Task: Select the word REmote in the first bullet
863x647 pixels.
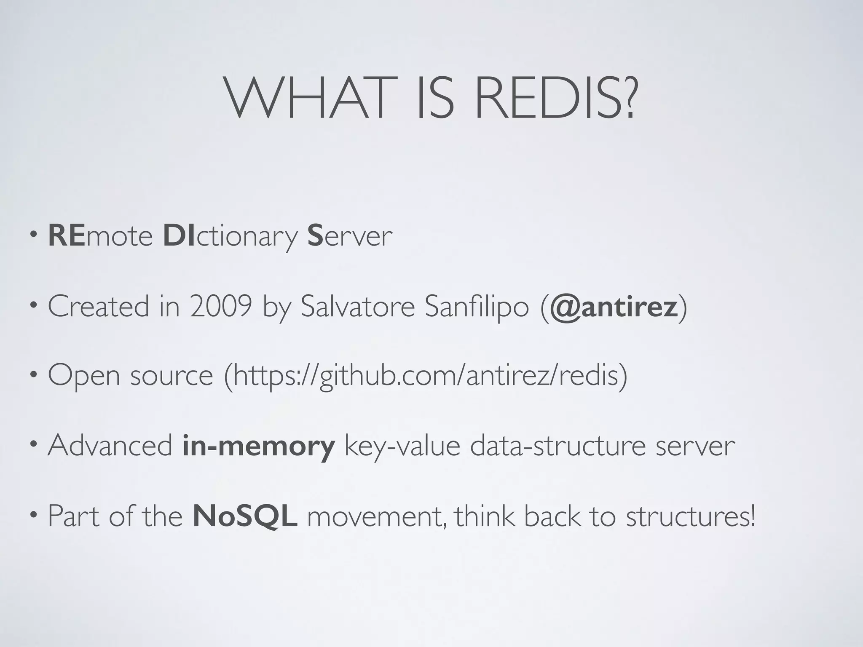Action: pyautogui.click(x=100, y=235)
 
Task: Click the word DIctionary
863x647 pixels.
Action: pyautogui.click(x=230, y=236)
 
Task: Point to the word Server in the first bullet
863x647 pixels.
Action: pyautogui.click(x=350, y=235)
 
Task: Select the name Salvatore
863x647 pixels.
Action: pyautogui.click(x=358, y=306)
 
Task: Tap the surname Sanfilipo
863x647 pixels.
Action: pyautogui.click(x=477, y=306)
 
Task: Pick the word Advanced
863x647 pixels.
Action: pyautogui.click(x=110, y=445)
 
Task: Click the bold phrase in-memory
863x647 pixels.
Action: pyautogui.click(x=259, y=446)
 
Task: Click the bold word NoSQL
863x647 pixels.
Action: pyautogui.click(x=245, y=516)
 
